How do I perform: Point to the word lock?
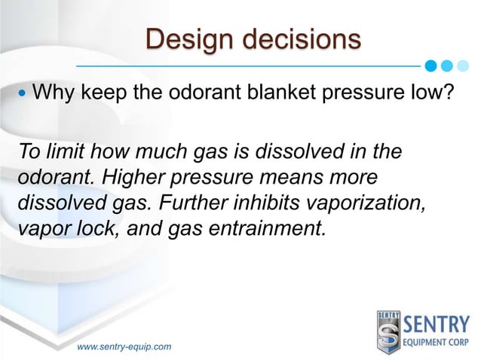pyautogui.click(x=97, y=228)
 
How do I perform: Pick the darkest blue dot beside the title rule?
pyautogui.click(x=430, y=66)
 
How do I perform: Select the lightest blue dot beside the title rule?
pyautogui.click(x=462, y=66)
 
